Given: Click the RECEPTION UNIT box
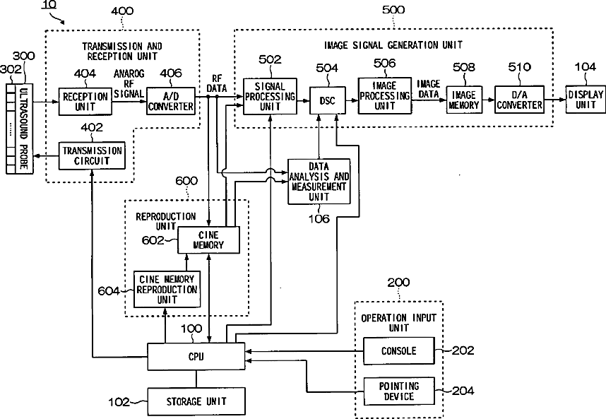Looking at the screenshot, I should click(x=85, y=100).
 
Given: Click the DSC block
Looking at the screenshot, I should click(x=327, y=100).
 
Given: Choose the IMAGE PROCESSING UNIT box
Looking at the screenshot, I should click(x=385, y=95).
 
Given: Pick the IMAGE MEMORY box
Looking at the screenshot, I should click(x=464, y=100).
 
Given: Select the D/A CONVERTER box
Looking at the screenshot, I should click(x=518, y=100).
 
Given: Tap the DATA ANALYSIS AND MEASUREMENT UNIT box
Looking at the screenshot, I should click(x=319, y=181).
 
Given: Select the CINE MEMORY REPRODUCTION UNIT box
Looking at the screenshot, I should click(x=168, y=290).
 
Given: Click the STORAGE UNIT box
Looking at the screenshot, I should click(x=196, y=402).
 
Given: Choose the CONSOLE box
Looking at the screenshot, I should click(x=398, y=350).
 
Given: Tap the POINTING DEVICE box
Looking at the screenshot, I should click(x=398, y=391).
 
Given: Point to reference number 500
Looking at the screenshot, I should click(x=393, y=10).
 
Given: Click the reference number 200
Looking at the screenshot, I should click(x=398, y=283).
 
